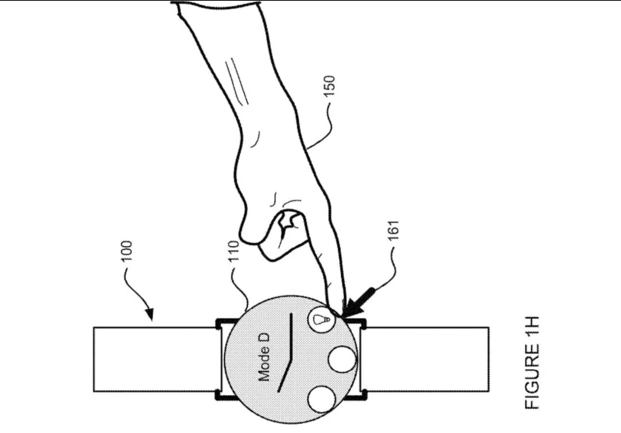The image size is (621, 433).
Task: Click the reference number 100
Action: click(127, 251)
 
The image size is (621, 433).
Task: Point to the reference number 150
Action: click(330, 86)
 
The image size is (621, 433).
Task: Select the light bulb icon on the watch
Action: click(321, 319)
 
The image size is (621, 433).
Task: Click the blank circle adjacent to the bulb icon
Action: click(342, 359)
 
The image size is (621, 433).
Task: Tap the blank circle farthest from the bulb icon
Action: click(321, 399)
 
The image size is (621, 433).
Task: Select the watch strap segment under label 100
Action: click(156, 359)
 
